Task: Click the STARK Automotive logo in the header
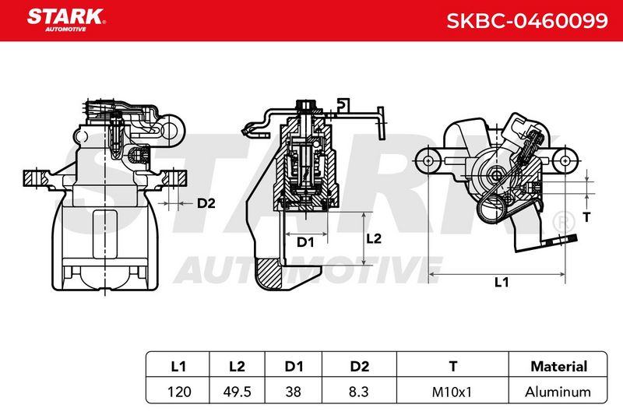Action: point(66,20)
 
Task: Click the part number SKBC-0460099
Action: point(527,21)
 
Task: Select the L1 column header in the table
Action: point(178,366)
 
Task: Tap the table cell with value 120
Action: point(179,392)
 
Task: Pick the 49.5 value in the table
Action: point(238,392)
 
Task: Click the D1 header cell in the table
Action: point(294,366)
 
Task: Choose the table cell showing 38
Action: point(294,392)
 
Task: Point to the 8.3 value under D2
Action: point(358,392)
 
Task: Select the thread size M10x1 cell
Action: point(452,392)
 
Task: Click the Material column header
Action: point(558,366)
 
